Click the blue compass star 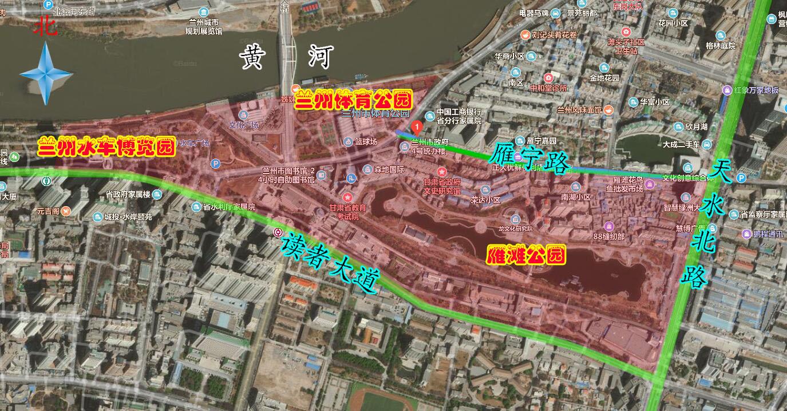click(x=46, y=74)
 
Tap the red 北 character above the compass click(x=45, y=26)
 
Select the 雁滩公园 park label click(x=525, y=255)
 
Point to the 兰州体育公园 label click(x=353, y=101)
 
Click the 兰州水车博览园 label click(x=106, y=148)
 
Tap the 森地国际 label click(x=389, y=169)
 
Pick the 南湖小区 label click(x=575, y=197)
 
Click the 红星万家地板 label click(x=756, y=90)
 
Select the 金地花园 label click(x=604, y=78)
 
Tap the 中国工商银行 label click(x=458, y=113)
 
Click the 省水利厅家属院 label click(x=228, y=207)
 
